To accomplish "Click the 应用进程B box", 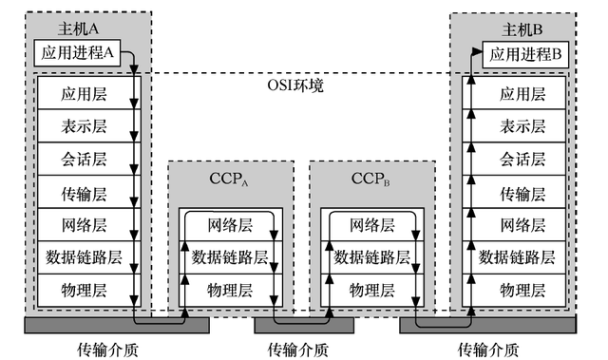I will click(523, 55).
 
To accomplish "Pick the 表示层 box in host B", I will click(522, 126).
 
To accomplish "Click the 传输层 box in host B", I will click(522, 192).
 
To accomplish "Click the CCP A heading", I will click(229, 179).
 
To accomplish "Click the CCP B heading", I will click(370, 179).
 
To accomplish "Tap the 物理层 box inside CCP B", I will click(370, 289).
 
